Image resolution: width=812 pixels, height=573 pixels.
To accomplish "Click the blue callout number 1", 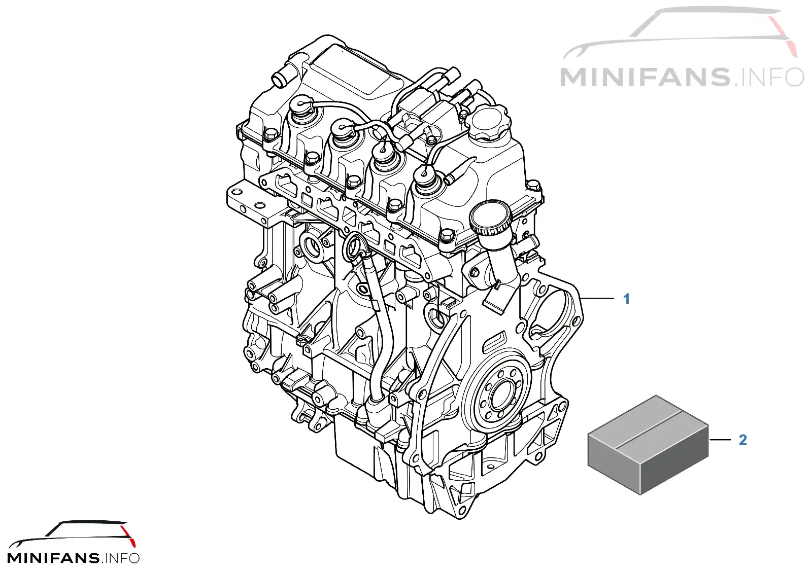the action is coord(626,299).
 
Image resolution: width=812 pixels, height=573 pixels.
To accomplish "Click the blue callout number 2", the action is coord(743,440).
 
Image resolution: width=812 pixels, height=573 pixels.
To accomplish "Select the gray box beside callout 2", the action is coord(648,445).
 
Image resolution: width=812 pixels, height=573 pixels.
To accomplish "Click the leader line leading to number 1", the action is coord(597,299).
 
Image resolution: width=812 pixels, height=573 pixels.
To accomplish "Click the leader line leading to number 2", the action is coord(720,440).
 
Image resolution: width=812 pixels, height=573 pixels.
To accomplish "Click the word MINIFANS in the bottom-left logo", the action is coord(53,558).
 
